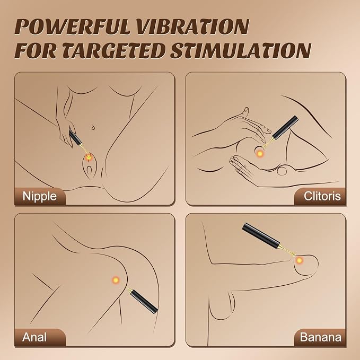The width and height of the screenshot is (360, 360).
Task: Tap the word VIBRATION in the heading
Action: point(194,27)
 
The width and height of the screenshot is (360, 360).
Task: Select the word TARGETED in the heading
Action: point(113,50)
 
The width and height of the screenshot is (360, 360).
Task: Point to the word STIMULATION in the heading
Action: point(241,50)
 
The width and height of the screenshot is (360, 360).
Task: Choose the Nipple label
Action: point(39,196)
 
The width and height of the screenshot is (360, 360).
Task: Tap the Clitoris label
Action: point(322,196)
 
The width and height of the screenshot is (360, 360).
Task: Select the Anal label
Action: point(34,337)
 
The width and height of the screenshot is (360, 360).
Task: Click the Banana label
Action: point(321,337)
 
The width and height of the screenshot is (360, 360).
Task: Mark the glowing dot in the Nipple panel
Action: point(89,157)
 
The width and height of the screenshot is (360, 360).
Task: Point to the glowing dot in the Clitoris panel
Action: point(260,154)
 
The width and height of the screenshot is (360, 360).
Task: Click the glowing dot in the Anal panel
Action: point(116,280)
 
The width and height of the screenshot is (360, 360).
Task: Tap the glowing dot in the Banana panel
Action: point(299,260)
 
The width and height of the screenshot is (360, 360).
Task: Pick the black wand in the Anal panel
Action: point(143,301)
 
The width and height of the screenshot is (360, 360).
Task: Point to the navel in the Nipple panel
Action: point(93,127)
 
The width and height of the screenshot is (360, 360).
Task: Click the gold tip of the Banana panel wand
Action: point(287,250)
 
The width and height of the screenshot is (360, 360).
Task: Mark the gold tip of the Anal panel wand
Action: point(130,290)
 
